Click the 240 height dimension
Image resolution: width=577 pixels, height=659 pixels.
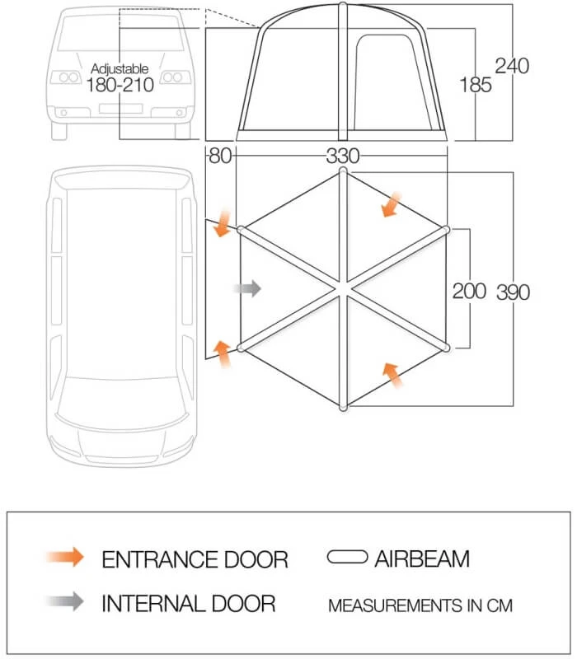click(x=512, y=65)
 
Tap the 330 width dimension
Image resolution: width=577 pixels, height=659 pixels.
click(x=343, y=156)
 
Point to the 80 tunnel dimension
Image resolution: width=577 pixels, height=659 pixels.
click(x=219, y=156)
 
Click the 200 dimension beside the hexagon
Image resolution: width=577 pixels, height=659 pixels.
click(x=469, y=291)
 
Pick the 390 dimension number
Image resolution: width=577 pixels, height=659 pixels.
click(x=513, y=291)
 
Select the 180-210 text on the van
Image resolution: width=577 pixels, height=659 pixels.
click(x=120, y=85)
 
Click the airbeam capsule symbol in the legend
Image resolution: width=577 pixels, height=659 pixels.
click(x=347, y=558)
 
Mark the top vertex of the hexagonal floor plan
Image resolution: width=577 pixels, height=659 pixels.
click(x=344, y=171)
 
